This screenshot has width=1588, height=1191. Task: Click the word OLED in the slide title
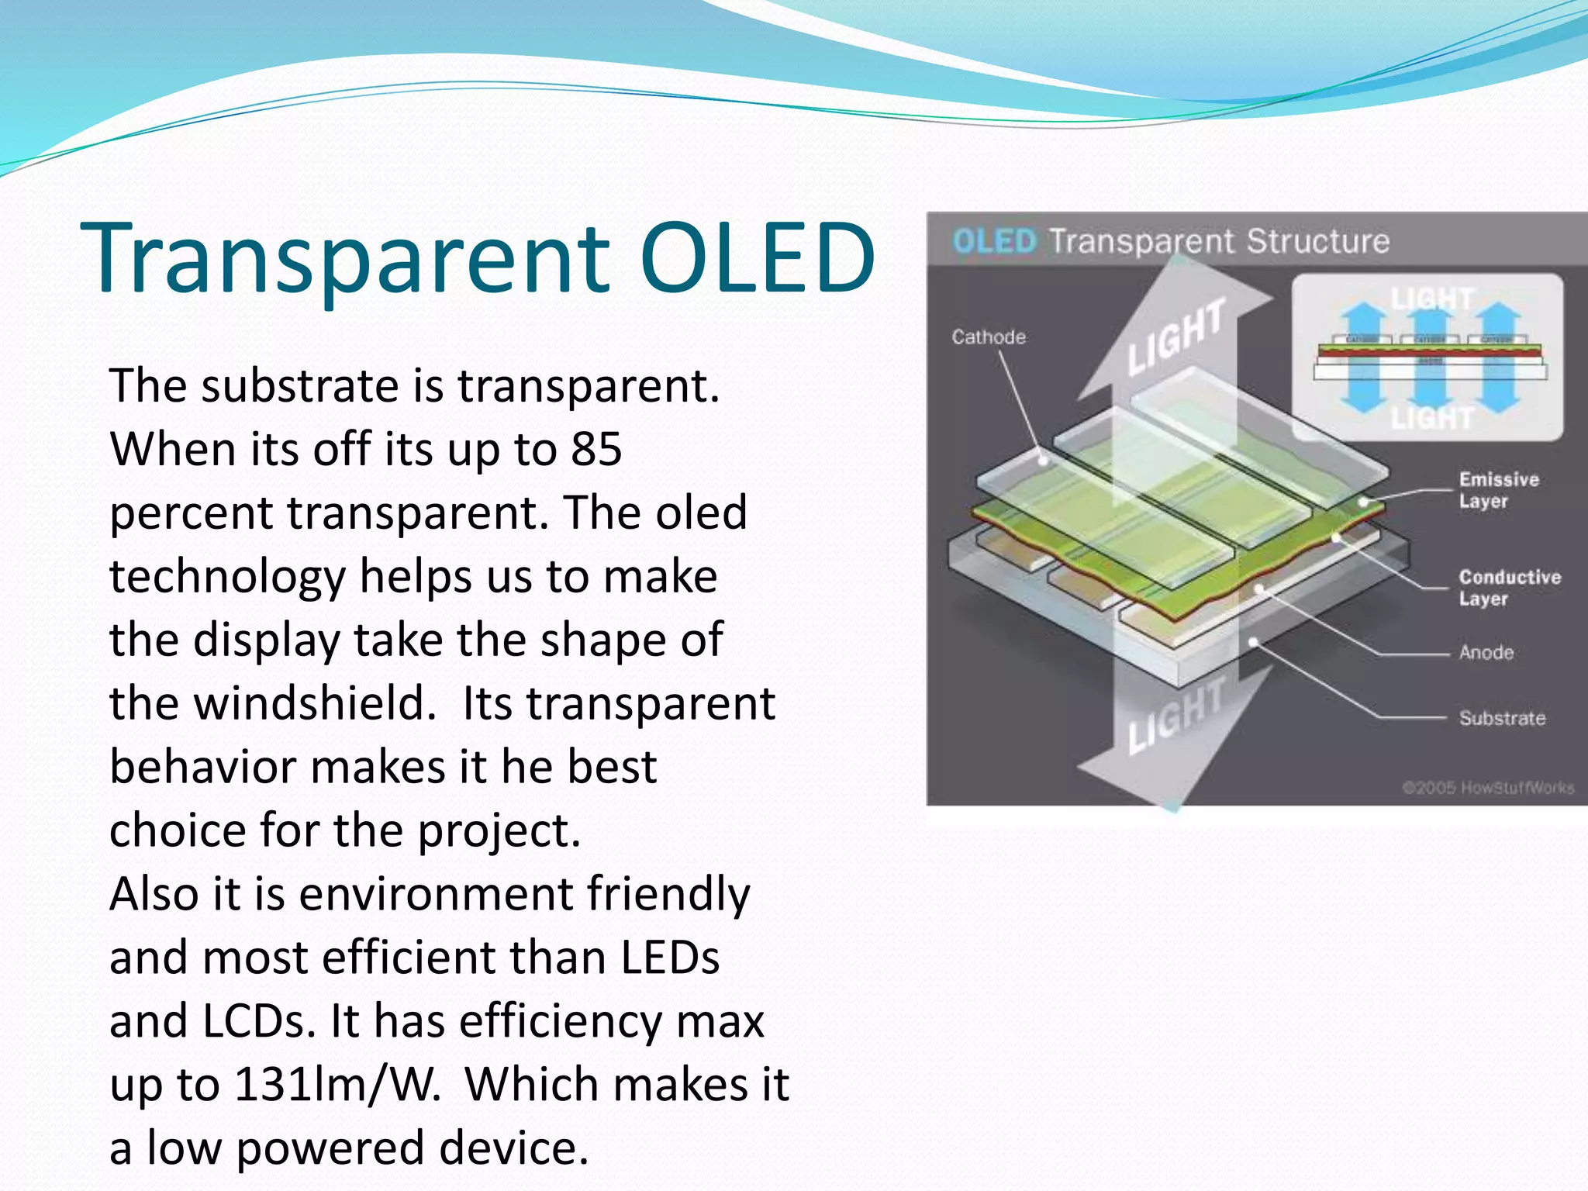pos(758,257)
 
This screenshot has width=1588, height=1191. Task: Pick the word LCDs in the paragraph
pos(259,1020)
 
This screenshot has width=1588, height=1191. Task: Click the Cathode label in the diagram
pos(989,337)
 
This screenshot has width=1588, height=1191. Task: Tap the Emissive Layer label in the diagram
pos(1498,490)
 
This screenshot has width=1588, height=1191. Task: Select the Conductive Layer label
pos(1509,588)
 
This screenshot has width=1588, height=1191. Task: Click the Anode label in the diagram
pos(1486,653)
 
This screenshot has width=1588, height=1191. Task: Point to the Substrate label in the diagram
pos(1502,719)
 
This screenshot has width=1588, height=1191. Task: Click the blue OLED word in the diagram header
pos(994,241)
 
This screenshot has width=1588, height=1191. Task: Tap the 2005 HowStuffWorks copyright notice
pos(1488,788)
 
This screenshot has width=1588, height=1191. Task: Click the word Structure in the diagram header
pos(1318,241)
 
